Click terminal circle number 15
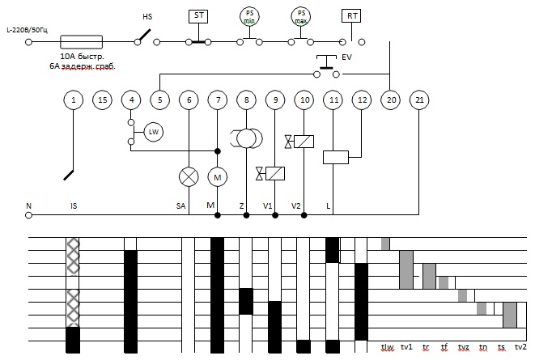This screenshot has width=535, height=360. pyautogui.click(x=102, y=100)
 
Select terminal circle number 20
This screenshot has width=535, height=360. pyautogui.click(x=391, y=100)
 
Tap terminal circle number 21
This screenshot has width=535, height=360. pyautogui.click(x=419, y=100)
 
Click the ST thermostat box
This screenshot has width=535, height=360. pyautogui.click(x=198, y=16)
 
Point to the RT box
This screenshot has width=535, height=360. pyautogui.click(x=351, y=16)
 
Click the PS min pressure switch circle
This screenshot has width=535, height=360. pyautogui.click(x=249, y=16)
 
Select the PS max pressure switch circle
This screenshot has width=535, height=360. pyautogui.click(x=300, y=16)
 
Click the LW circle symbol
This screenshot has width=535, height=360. pyautogui.click(x=154, y=132)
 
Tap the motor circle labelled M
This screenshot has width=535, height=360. pyautogui.click(x=218, y=177)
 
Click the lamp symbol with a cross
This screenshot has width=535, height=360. pyautogui.click(x=189, y=177)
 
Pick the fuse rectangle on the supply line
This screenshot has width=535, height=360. pyautogui.click(x=81, y=42)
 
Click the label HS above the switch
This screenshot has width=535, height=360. pyautogui.click(x=147, y=17)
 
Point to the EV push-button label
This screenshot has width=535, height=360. pyautogui.click(x=346, y=57)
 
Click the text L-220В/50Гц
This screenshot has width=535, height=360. pyautogui.click(x=28, y=31)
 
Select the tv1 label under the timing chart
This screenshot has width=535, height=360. pyautogui.click(x=406, y=347)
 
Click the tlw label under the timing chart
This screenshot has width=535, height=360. pyautogui.click(x=387, y=347)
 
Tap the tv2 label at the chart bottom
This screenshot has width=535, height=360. pyautogui.click(x=520, y=347)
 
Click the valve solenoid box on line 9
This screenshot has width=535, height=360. pyautogui.click(x=274, y=173)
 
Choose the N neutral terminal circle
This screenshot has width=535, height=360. pyautogui.click(x=28, y=215)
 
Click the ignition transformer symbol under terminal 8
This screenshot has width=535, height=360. pyautogui.click(x=246, y=138)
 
